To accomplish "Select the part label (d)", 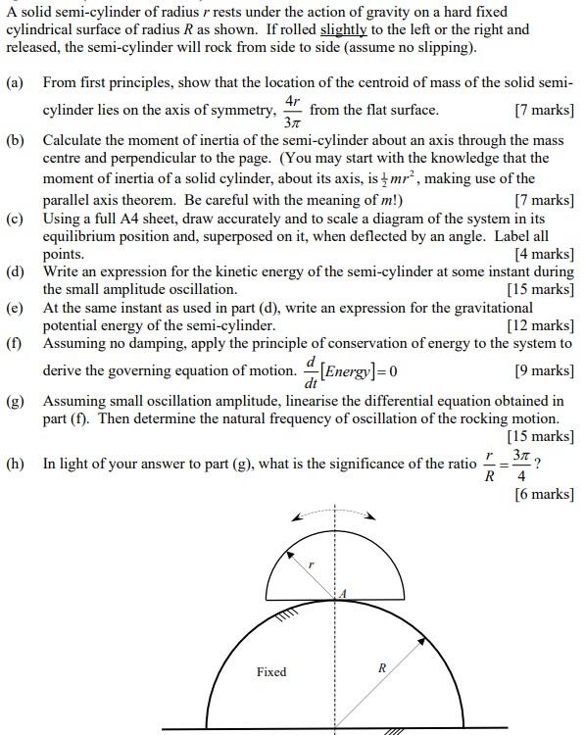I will point(15,271).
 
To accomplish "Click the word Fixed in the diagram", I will point(271,671).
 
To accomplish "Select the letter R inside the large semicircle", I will point(382,667).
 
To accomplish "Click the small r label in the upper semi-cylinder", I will point(311,565).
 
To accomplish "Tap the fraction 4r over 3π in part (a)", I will point(291,112).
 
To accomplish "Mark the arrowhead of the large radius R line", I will point(422,639).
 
